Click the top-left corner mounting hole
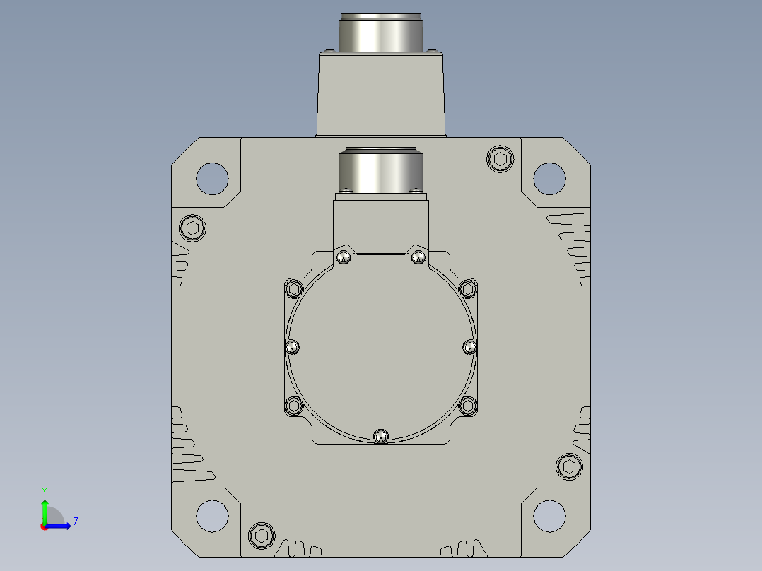212,178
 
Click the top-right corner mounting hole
549,178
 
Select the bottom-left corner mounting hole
212,516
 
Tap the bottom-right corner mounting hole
549,516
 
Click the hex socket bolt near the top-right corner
500,159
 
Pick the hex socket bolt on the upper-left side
192,228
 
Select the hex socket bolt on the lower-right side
569,466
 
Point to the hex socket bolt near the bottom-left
262,536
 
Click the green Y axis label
45,491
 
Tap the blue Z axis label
76,522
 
